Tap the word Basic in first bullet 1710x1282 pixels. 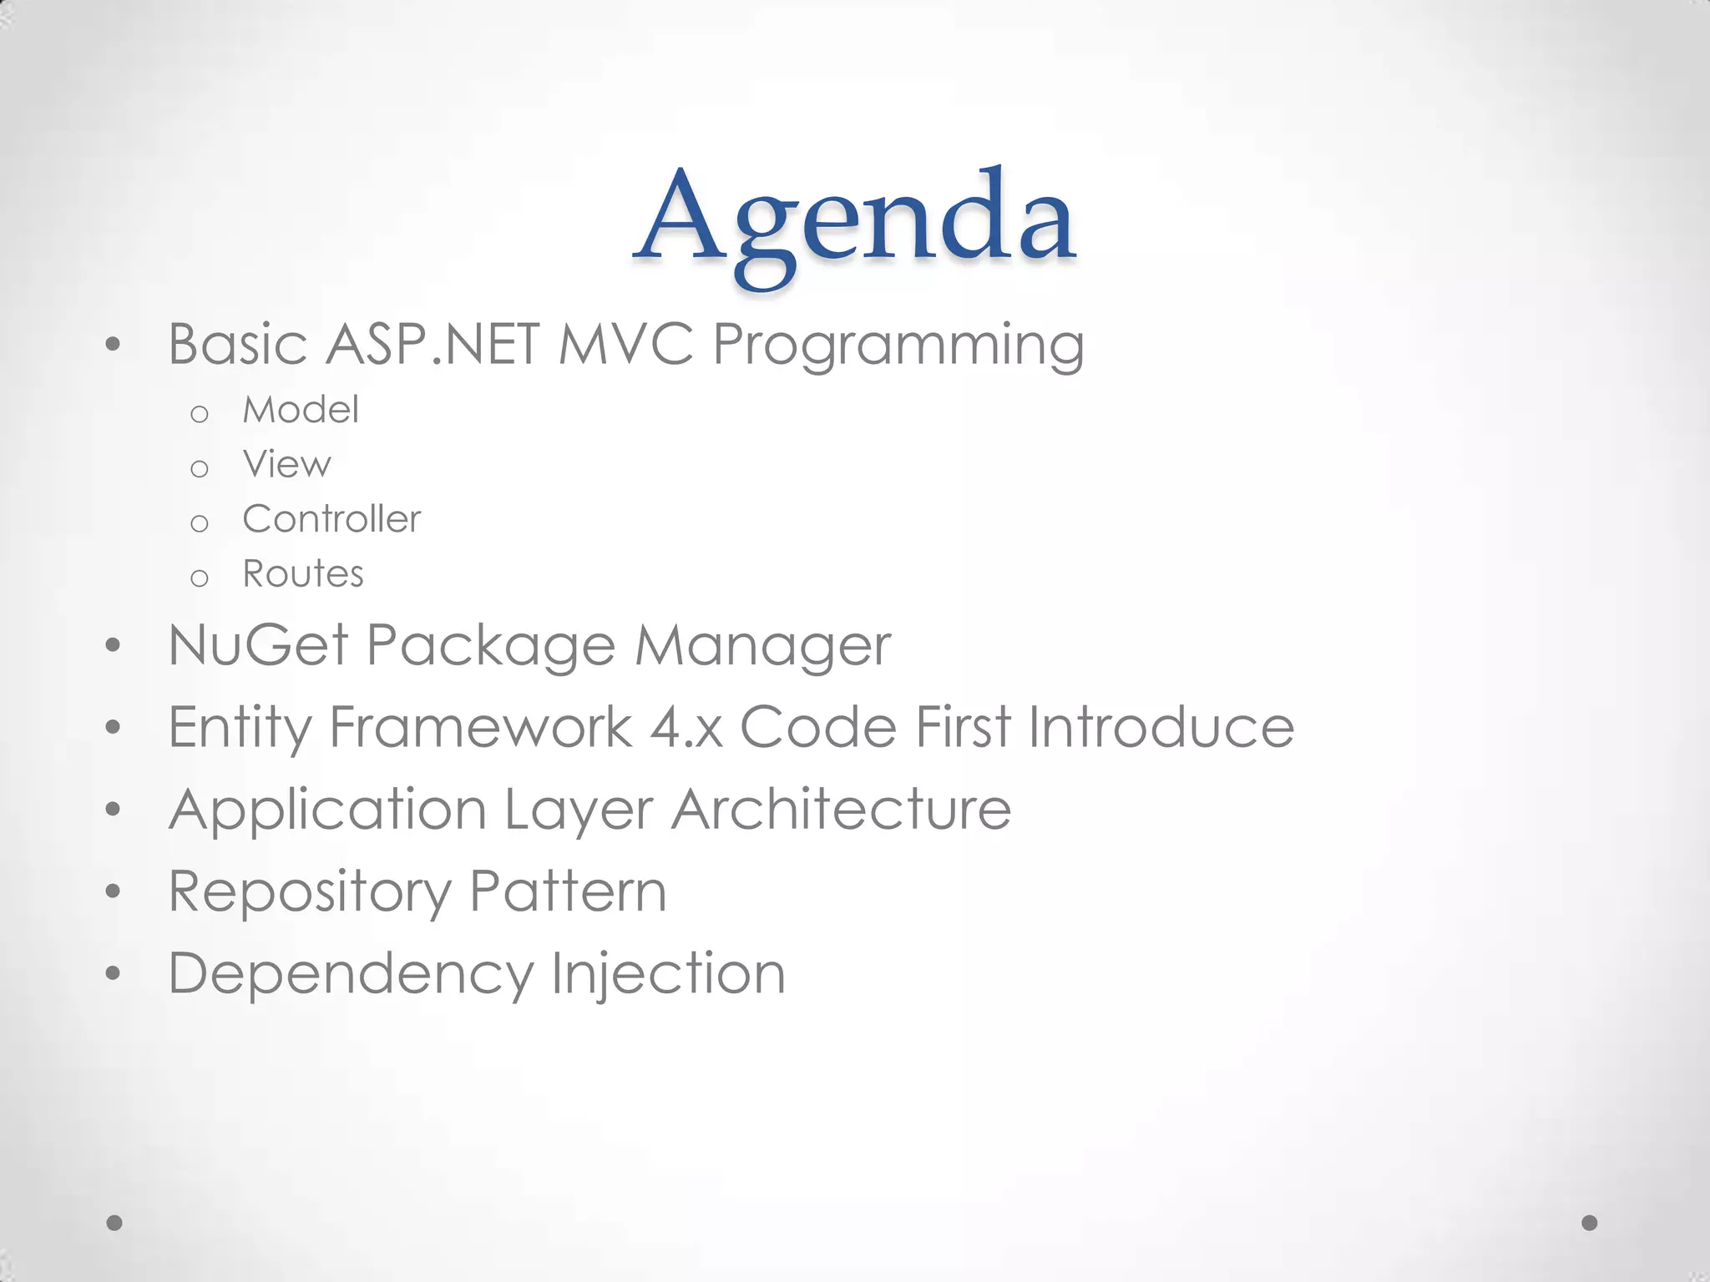237,344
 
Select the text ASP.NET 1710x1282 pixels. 433,344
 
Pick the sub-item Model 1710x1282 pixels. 301,410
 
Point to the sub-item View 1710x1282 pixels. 286,464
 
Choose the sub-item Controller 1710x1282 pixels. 331,519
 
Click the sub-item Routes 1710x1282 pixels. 303,574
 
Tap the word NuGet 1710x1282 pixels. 258,645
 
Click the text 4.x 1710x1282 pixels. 686,727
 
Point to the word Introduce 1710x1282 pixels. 1161,727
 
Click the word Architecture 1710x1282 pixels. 841,809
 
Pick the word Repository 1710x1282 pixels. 309,892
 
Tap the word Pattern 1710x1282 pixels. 568,891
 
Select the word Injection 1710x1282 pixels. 668,974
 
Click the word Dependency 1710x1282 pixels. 351,974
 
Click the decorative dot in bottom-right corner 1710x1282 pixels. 1590,1223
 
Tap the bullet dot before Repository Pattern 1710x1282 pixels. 114,891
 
